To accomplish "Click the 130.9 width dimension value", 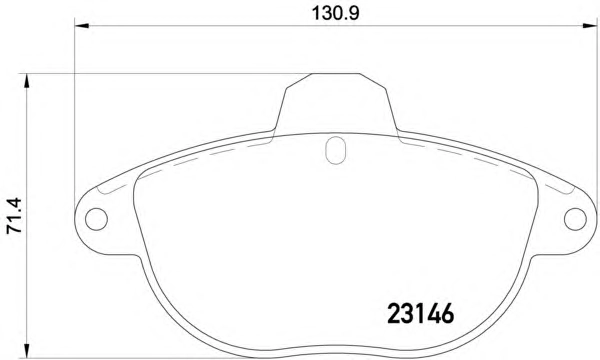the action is [336, 13].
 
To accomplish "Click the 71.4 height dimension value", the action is [15, 215].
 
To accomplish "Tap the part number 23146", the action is [421, 313].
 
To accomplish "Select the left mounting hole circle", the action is [96, 219].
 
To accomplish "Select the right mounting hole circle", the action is [575, 219].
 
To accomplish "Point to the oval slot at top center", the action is [336, 150].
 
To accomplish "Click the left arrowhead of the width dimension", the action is [82, 26].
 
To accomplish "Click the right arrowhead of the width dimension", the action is [590, 26].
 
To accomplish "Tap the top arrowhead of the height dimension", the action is [26, 81].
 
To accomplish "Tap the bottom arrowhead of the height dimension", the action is [26, 351].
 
